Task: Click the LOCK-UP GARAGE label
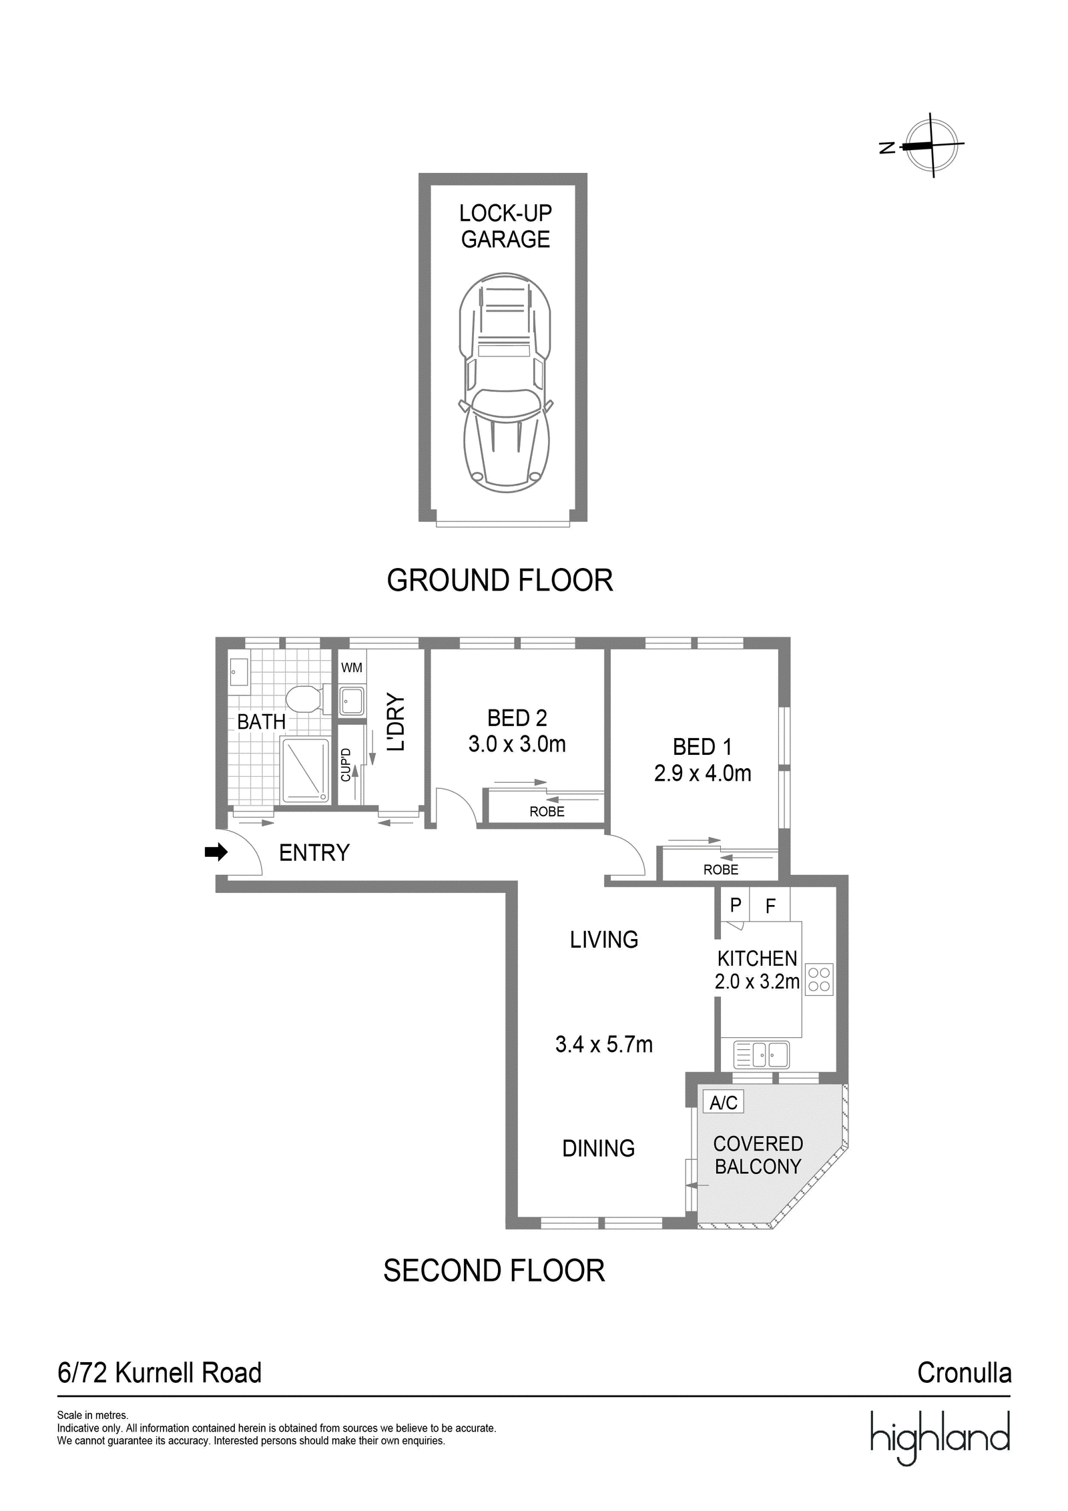pyautogui.click(x=505, y=226)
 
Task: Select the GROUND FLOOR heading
pyautogui.click(x=500, y=580)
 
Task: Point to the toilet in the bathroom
pyautogui.click(x=304, y=699)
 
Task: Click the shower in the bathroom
pyautogui.click(x=306, y=770)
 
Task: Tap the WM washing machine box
pyautogui.click(x=352, y=667)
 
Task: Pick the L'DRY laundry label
pyautogui.click(x=396, y=722)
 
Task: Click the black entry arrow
pyautogui.click(x=216, y=852)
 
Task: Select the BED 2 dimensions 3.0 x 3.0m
pyautogui.click(x=517, y=743)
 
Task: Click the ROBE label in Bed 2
pyautogui.click(x=547, y=812)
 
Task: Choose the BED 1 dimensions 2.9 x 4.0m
pyautogui.click(x=703, y=773)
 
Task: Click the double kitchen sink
pyautogui.click(x=761, y=1054)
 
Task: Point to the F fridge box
pyautogui.click(x=770, y=905)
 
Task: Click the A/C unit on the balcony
pyautogui.click(x=724, y=1102)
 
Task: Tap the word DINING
pyautogui.click(x=599, y=1148)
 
